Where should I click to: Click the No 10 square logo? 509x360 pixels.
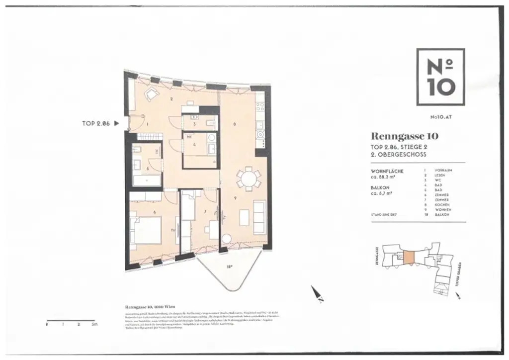click(440, 77)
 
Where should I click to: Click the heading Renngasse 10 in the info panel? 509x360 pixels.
click(404, 136)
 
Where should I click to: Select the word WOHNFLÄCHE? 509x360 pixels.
click(387, 171)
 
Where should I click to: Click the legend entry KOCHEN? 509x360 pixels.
click(442, 205)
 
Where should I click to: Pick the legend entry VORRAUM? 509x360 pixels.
click(443, 170)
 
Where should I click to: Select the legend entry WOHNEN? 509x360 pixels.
click(442, 210)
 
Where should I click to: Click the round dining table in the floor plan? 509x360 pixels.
click(248, 178)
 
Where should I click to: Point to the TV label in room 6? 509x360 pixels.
click(172, 230)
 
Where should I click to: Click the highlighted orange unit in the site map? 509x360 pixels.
click(408, 257)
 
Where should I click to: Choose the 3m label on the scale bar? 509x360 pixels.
click(94, 324)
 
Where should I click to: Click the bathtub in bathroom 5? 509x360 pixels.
click(145, 181)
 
